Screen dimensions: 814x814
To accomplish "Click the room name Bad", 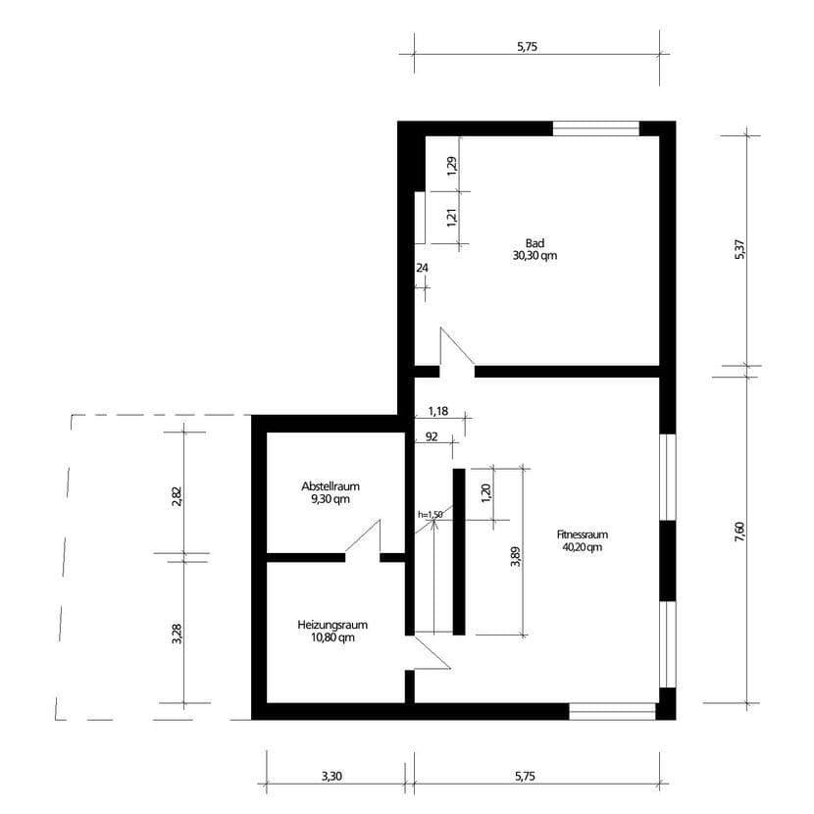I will click(x=534, y=242).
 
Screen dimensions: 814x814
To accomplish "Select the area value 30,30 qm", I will click(x=534, y=255).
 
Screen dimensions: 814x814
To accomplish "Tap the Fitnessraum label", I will click(x=583, y=534).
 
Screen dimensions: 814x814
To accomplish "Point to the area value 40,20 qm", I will click(x=583, y=547).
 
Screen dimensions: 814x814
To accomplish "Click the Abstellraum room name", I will click(x=330, y=485).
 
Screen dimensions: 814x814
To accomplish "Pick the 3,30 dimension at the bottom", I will click(x=331, y=776).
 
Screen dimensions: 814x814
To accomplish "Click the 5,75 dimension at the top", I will click(x=535, y=45).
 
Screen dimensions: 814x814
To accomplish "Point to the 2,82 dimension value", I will click(x=177, y=495).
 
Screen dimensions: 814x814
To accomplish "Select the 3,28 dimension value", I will click(x=177, y=634).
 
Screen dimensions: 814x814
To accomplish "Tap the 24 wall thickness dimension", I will click(x=423, y=267).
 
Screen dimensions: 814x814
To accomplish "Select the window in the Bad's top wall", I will click(x=596, y=127).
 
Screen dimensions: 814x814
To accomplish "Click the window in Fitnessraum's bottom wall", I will click(x=613, y=710).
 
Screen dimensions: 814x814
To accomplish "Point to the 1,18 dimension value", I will click(x=437, y=411).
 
